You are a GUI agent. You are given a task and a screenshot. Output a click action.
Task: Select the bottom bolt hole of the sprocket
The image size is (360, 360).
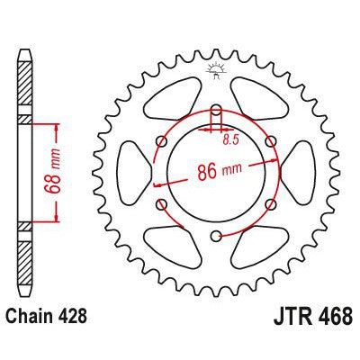coord(216,237)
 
